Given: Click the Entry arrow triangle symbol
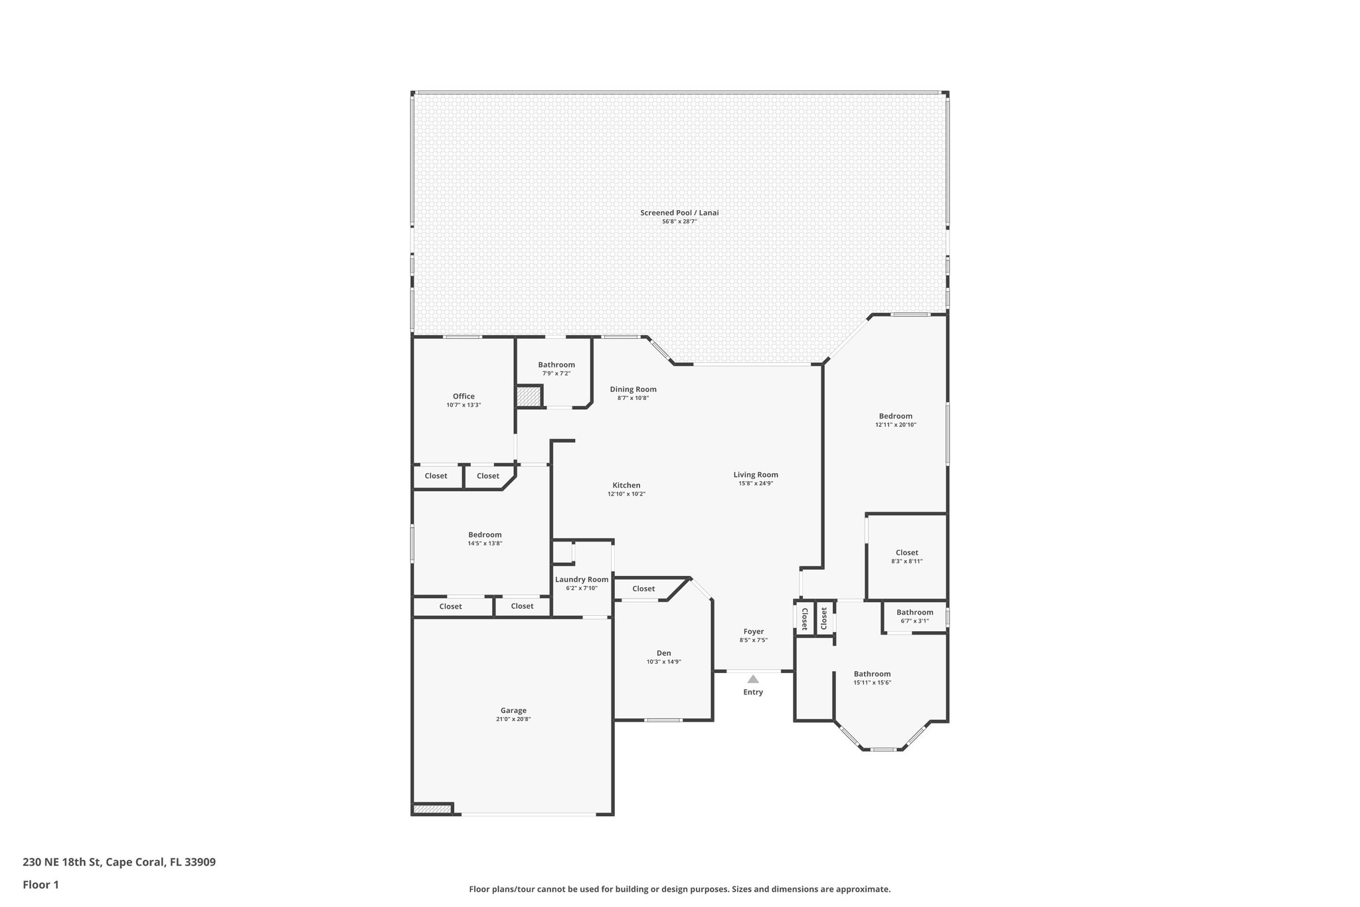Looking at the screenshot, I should point(753,679).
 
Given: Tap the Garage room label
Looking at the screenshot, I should point(513,710).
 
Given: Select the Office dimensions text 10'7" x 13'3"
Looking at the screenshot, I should point(464,405).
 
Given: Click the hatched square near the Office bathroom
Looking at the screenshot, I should point(529,397).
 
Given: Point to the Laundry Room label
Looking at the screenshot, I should point(582,579).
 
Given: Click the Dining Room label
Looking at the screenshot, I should point(633,389).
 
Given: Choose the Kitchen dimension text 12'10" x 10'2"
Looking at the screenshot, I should point(626,494).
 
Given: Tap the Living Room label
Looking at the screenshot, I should point(756,474).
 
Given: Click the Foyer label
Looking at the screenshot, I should point(753,631).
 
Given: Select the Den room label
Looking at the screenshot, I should point(663,653).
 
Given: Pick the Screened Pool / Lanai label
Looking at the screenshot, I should point(679,213).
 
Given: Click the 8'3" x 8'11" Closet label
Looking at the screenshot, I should point(906,552).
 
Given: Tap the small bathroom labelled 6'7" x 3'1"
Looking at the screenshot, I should point(914,613).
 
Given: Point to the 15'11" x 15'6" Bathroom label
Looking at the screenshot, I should point(872,674).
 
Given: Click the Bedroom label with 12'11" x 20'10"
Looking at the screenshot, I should point(895,416).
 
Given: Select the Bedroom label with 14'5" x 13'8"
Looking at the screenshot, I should point(485,535).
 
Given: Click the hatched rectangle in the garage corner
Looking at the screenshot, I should point(432,809).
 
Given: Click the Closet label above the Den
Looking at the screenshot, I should point(643,589).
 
